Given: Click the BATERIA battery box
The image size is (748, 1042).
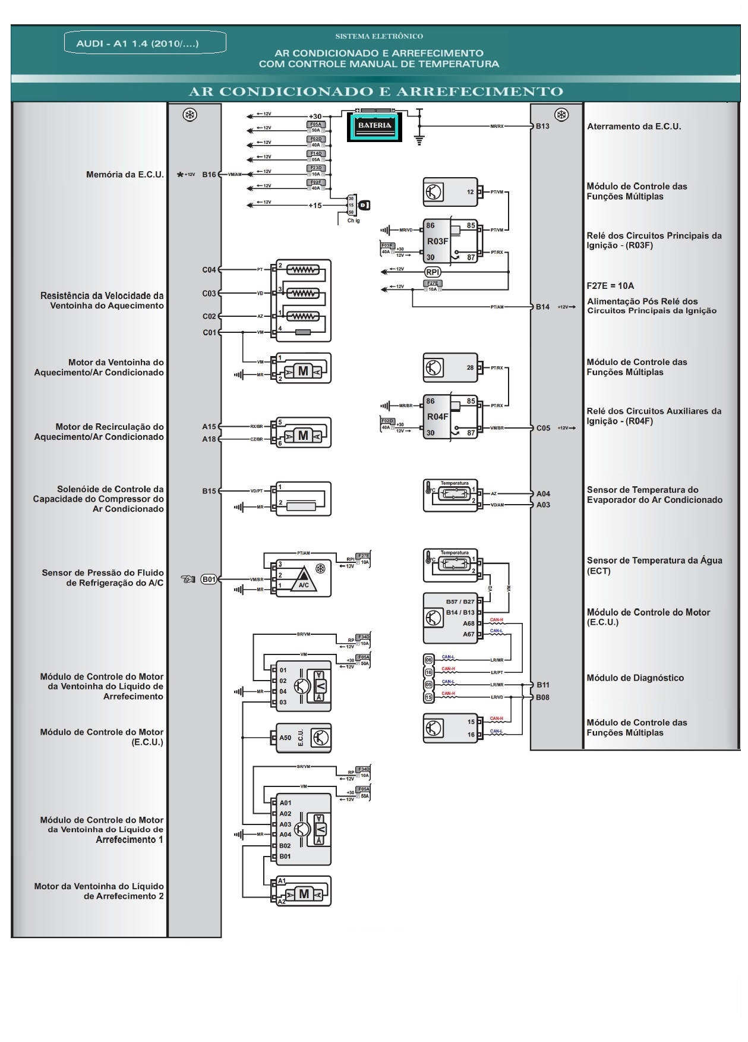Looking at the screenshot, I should [x=375, y=127].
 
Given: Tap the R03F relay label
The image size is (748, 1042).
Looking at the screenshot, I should [x=437, y=241].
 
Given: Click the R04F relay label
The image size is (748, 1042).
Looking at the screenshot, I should [x=437, y=417].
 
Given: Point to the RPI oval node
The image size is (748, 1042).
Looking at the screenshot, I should [x=433, y=272].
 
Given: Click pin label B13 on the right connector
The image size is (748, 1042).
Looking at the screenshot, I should [x=542, y=127].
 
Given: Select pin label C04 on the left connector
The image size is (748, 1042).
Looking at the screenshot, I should [x=209, y=270].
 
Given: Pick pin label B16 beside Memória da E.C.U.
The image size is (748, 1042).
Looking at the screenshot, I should [x=209, y=175].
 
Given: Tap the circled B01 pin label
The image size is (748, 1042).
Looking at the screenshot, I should [x=209, y=579].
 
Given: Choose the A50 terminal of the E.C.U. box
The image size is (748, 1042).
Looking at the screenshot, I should [x=285, y=738].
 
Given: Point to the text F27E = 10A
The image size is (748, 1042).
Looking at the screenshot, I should [x=610, y=285].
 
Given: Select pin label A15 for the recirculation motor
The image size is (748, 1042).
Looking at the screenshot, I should [x=209, y=427].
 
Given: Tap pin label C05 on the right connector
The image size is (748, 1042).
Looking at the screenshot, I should [x=543, y=428].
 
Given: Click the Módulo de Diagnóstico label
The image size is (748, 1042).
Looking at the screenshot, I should [x=635, y=678].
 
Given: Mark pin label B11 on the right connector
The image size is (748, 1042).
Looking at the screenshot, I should [x=543, y=685].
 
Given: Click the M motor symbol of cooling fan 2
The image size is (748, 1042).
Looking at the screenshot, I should [x=304, y=894].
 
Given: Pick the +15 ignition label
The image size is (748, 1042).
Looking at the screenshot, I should [x=315, y=206].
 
